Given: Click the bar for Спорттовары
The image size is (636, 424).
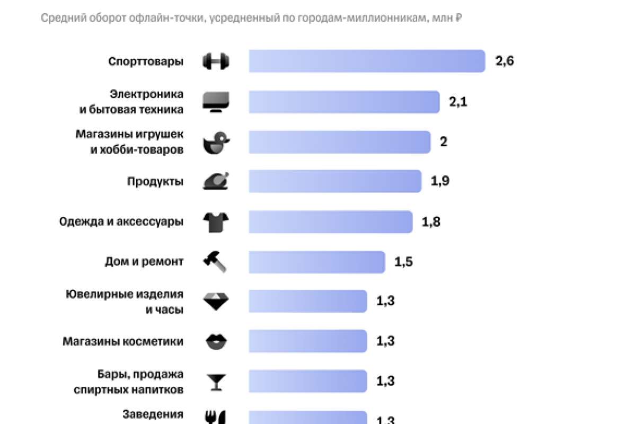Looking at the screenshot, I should click(367, 61).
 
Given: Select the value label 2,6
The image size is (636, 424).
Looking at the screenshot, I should click(505, 61).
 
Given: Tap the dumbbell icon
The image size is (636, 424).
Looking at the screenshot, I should click(216, 61).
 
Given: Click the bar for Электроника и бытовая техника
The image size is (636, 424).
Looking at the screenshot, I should click(344, 102).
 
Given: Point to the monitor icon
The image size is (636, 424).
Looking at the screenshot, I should click(216, 101).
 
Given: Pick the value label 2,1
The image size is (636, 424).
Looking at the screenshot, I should click(458, 102).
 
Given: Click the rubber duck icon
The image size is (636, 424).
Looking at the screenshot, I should click(216, 142).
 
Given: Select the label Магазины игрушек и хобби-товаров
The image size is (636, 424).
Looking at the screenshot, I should click(129, 142).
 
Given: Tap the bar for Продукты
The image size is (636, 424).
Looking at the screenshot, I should click(335, 181).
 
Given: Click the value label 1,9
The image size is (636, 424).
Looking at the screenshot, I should click(440, 181).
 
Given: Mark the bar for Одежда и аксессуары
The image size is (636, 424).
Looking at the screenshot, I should click(330, 222).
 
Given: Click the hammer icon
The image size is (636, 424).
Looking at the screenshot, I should click(215, 262).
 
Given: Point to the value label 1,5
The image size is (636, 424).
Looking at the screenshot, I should click(403, 262).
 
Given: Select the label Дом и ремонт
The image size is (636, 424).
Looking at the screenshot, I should click(144, 262).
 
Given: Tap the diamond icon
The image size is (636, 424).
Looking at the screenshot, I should click(216, 301).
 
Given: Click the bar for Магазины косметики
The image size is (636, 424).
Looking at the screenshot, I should click(307, 341).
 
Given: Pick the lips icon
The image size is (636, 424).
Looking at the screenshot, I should click(216, 341).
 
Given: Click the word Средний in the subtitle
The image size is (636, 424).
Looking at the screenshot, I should click(58, 19).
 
